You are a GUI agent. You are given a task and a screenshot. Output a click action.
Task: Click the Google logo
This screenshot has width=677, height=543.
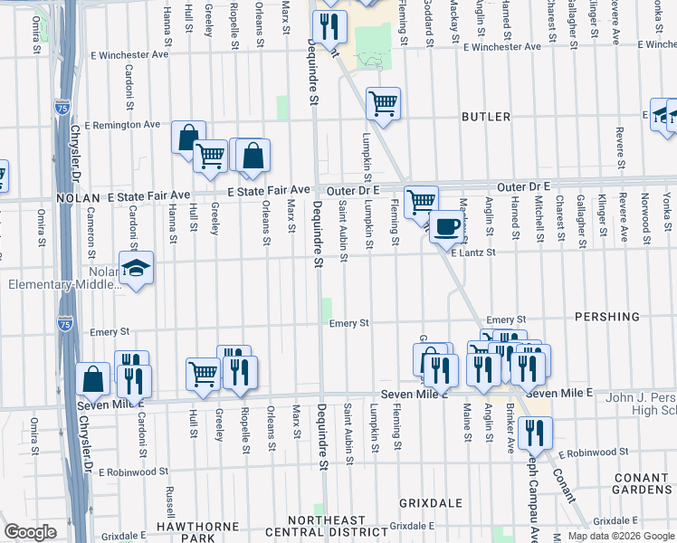[x=31, y=532]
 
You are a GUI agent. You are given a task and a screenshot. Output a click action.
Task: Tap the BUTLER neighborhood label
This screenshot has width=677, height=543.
[x=486, y=117]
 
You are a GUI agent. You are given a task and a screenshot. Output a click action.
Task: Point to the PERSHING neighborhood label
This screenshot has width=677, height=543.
[x=606, y=318]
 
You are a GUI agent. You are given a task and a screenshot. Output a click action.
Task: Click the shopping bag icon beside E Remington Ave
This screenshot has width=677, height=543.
[x=188, y=138]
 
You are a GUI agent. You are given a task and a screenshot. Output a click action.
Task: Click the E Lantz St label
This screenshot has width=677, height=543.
[x=474, y=252]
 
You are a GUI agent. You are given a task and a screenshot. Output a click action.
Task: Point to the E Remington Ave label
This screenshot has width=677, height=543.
[x=121, y=125]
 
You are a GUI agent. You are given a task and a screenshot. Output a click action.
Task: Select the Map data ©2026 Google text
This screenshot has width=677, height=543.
[x=621, y=536]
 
